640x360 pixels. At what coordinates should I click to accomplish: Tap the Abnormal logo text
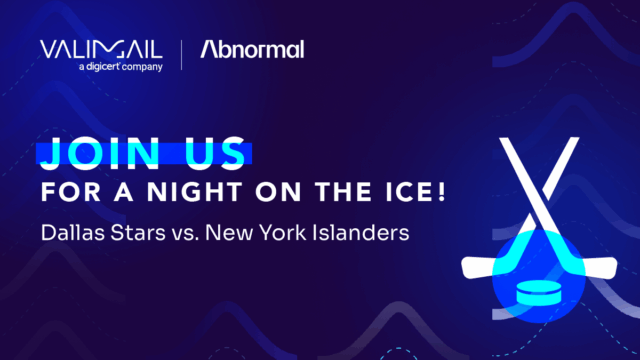pyautogui.click(x=252, y=49)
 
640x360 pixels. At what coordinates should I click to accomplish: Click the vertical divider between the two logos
pyautogui.click(x=181, y=54)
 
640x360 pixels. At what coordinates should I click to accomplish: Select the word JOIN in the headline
pyautogui.click(x=91, y=154)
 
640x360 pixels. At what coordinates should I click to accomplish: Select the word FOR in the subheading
pyautogui.click(x=61, y=190)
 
